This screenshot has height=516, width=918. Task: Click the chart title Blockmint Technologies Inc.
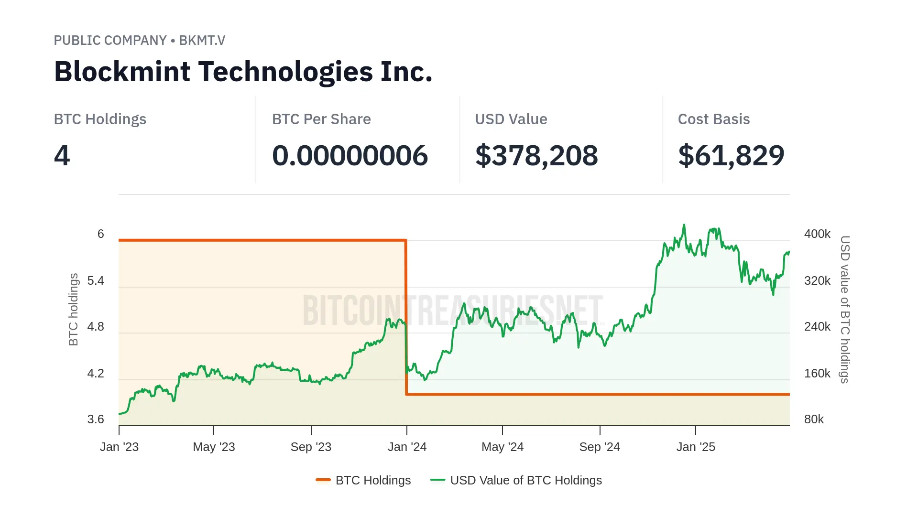tap(243, 72)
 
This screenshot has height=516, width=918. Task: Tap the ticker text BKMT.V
tap(202, 40)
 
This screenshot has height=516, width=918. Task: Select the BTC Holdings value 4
tap(62, 155)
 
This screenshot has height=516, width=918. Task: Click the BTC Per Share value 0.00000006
tap(350, 155)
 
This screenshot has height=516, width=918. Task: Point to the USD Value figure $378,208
tap(536, 155)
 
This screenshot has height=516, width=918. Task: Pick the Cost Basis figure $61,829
tap(731, 155)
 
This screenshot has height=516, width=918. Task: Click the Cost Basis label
tap(713, 119)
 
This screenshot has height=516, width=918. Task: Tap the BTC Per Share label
tap(321, 119)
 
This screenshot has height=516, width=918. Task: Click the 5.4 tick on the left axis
tap(96, 280)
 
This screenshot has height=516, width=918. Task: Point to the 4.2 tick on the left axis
tap(96, 373)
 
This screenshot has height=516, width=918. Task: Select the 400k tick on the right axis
tap(817, 234)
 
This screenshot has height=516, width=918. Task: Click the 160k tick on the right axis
tap(817, 373)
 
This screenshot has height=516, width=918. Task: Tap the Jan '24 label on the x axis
tap(407, 447)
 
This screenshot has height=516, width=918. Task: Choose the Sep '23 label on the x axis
tap(311, 447)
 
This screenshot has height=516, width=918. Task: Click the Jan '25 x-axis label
tap(696, 447)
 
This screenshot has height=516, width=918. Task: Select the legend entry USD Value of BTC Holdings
tap(525, 480)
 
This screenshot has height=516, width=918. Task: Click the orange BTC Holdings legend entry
tap(372, 480)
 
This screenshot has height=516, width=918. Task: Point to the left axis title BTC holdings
tap(73, 309)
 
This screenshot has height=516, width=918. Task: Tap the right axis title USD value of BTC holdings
tap(845, 309)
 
